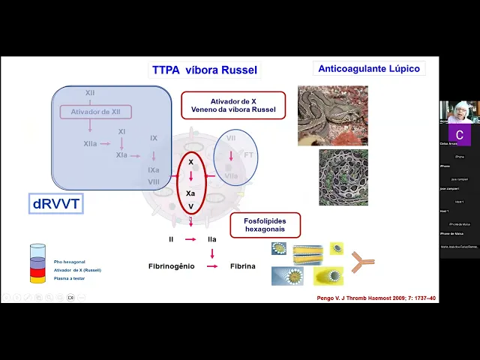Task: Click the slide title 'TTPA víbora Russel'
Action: [x=205, y=70]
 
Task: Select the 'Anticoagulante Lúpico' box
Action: [x=369, y=68]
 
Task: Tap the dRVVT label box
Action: [x=55, y=204]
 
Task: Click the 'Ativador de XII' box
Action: [x=96, y=112]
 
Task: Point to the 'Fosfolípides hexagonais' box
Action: [x=265, y=225]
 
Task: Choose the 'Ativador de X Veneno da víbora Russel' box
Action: [x=233, y=105]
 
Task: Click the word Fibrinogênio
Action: [x=171, y=266]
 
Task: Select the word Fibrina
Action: [x=242, y=266]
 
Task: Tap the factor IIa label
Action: [x=212, y=239]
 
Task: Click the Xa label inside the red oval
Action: [x=191, y=193]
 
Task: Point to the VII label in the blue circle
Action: [x=231, y=138]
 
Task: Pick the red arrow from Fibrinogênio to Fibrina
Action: [x=212, y=266]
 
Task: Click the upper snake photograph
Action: [x=332, y=115]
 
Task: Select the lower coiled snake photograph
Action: [x=343, y=177]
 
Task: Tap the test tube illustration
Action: [x=37, y=263]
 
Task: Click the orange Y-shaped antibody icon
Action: [x=362, y=262]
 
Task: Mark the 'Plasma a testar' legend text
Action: [x=70, y=278]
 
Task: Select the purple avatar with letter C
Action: [x=460, y=136]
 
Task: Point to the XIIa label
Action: [x=90, y=142]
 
